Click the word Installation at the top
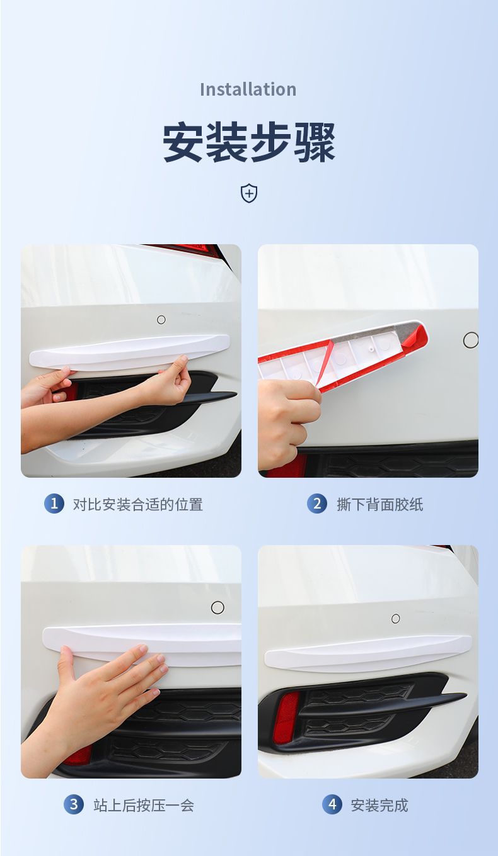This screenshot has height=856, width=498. point(248,89)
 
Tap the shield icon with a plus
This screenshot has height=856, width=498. point(249,193)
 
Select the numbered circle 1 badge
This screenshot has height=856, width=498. point(54,504)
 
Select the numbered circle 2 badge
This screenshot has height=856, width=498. point(317,504)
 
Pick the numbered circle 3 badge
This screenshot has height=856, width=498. point(74,804)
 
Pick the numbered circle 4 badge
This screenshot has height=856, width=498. point(332,804)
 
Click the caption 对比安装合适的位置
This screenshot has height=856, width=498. point(138,504)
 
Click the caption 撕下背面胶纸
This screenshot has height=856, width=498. point(379,504)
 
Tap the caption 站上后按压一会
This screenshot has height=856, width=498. point(144,805)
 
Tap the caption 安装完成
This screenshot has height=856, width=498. point(379,805)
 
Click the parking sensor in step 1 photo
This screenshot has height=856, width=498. point(161,320)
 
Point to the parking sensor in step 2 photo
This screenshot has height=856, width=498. point(470,341)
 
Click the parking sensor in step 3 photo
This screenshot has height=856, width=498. point(217,607)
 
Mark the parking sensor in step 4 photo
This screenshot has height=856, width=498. point(395,619)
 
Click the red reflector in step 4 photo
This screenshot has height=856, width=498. point(286,718)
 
